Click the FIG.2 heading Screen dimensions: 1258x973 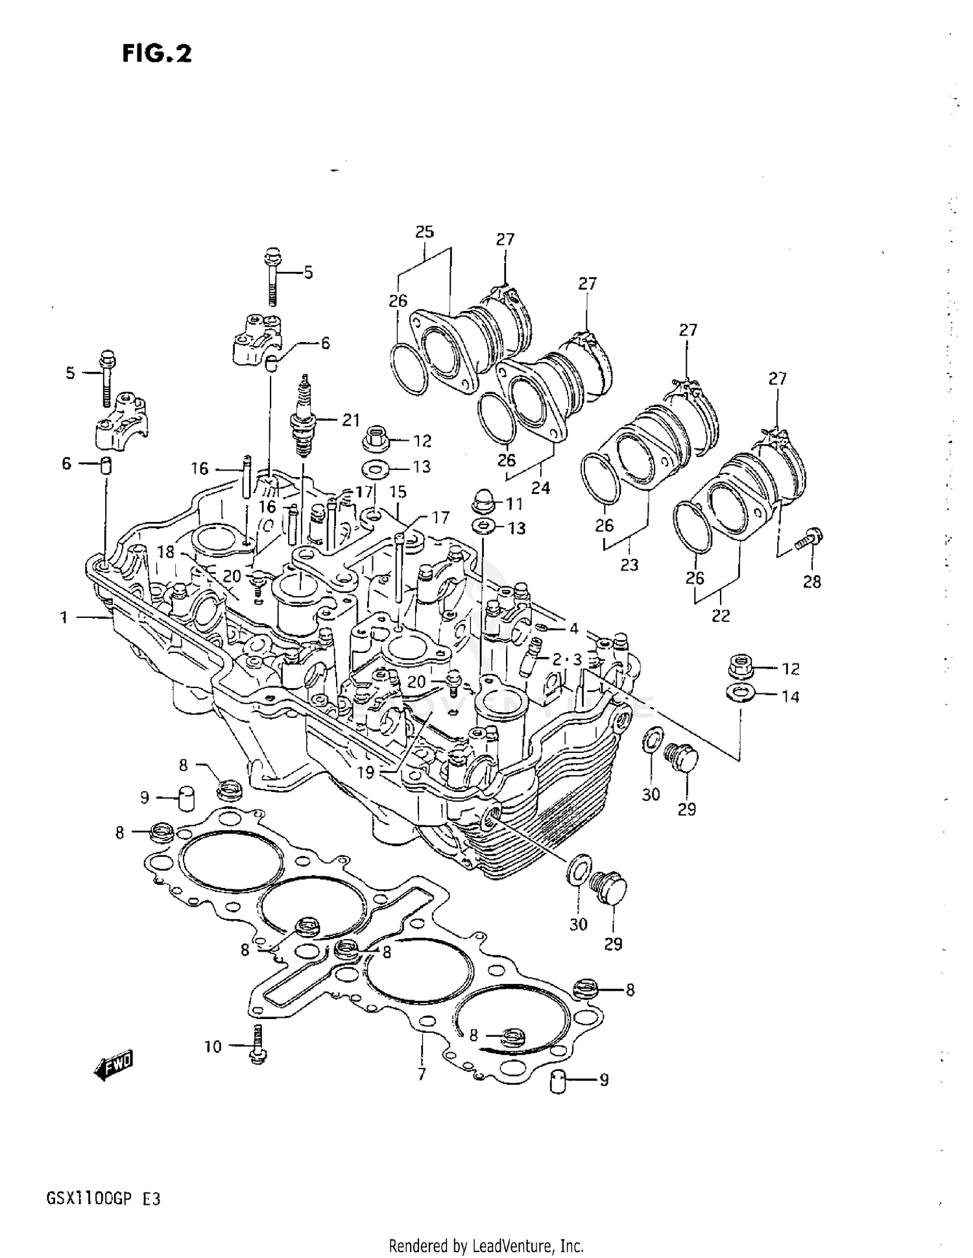[157, 53]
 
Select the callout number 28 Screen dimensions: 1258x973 [811, 582]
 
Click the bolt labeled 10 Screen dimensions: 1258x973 [258, 1044]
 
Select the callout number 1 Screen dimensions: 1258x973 [64, 617]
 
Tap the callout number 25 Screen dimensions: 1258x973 [424, 232]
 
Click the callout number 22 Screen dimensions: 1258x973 [721, 615]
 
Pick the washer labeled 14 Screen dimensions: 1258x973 [738, 693]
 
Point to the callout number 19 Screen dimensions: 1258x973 [366, 772]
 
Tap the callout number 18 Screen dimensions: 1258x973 [166, 552]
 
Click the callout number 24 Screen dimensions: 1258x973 [540, 487]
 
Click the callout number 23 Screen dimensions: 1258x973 [629, 565]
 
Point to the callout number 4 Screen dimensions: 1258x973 [573, 628]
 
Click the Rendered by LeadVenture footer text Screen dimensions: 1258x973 [486, 1246]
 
